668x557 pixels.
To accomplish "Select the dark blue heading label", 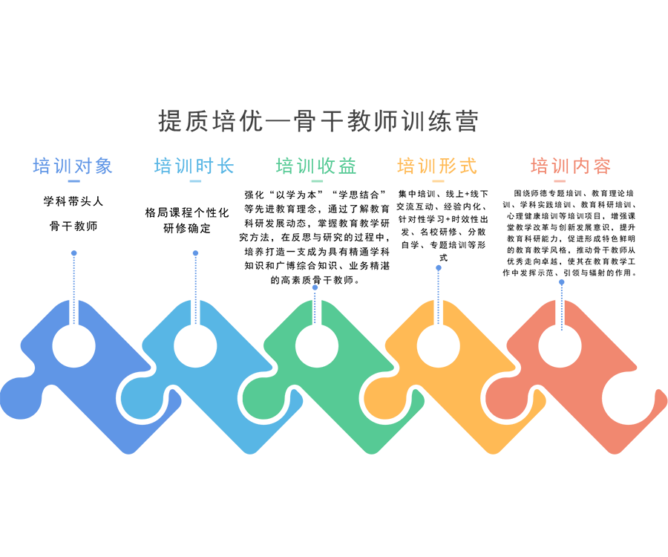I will coord(73,163).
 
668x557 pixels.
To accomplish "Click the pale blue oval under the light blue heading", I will coord(195,184).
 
